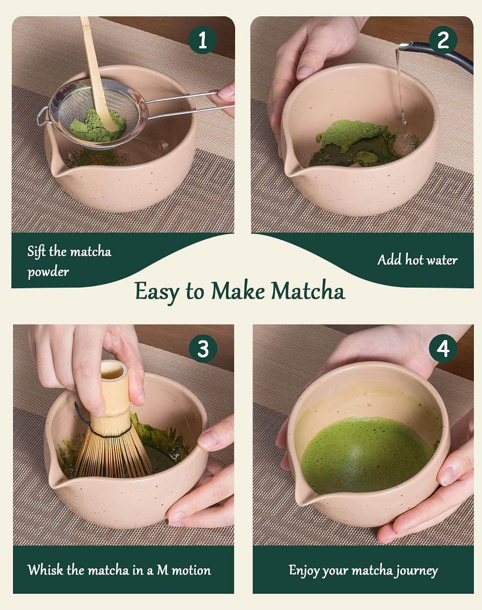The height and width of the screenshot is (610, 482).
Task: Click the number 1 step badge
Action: click(x=203, y=40)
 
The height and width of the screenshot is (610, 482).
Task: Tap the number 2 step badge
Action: click(x=443, y=40)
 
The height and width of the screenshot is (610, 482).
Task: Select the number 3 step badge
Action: click(x=203, y=349)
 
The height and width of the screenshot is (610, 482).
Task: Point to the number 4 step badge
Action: click(x=443, y=349)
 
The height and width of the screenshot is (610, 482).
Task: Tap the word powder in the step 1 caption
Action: click(x=48, y=272)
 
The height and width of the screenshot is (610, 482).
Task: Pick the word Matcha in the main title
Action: click(x=308, y=290)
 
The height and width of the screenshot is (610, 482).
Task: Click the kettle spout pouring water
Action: click(x=404, y=46)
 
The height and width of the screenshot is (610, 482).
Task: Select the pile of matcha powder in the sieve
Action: click(x=97, y=126)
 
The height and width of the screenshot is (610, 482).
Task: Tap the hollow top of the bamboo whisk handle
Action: click(x=114, y=371)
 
